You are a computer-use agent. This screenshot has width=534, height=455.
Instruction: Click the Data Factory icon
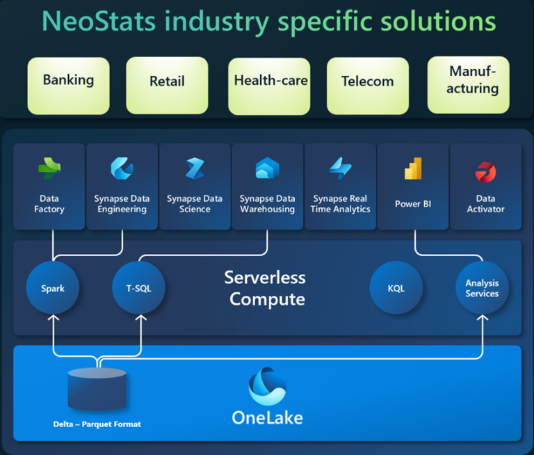point(49,168)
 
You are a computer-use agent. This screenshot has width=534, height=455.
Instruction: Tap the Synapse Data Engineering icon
point(122,168)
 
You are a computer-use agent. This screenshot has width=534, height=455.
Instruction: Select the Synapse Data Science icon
point(195,168)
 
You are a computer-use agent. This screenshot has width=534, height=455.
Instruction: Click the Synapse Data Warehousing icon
point(267,168)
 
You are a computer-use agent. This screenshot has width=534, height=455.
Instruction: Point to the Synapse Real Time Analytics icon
point(340,168)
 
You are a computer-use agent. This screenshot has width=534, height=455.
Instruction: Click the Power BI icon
point(413,168)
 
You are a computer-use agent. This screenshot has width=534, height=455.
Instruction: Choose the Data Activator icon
point(485,170)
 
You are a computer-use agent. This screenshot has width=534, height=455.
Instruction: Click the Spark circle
point(53,288)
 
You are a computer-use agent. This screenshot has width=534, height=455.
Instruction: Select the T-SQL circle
point(139,288)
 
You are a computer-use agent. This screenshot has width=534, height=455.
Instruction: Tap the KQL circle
point(396,288)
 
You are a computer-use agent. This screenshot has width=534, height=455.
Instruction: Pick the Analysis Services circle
point(482,288)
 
